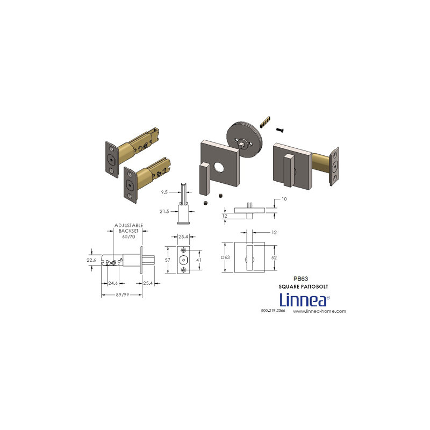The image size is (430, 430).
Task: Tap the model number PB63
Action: pyautogui.click(x=300, y=278)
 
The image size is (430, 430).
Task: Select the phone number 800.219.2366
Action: pyautogui.click(x=273, y=311)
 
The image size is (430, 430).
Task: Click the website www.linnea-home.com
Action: pyautogui.click(x=319, y=311)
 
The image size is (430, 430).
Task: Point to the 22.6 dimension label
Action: pyautogui.click(x=91, y=260)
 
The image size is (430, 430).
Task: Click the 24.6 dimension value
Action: pyautogui.click(x=113, y=283)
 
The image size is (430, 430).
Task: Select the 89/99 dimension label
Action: pyautogui.click(x=123, y=295)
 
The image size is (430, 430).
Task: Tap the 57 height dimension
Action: pyautogui.click(x=168, y=260)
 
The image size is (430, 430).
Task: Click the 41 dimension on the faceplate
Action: pyautogui.click(x=199, y=260)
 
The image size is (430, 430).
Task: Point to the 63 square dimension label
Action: pyautogui.click(x=225, y=257)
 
